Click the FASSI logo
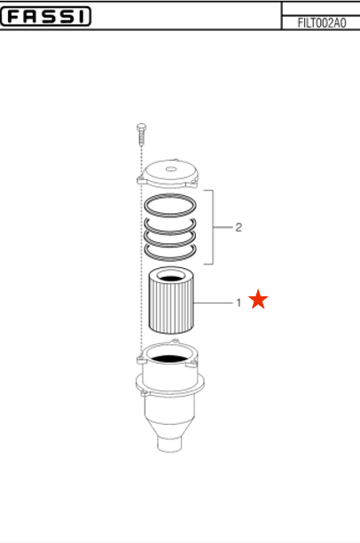(45, 16)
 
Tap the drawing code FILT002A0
(322, 23)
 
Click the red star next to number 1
(258, 299)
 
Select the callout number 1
(239, 303)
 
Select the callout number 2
(239, 227)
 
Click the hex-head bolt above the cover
(141, 134)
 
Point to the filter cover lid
(168, 174)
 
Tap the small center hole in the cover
(169, 169)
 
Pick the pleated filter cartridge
(171, 301)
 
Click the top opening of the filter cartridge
(171, 277)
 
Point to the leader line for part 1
(213, 303)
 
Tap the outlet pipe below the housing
(169, 444)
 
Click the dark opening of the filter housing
(169, 359)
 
